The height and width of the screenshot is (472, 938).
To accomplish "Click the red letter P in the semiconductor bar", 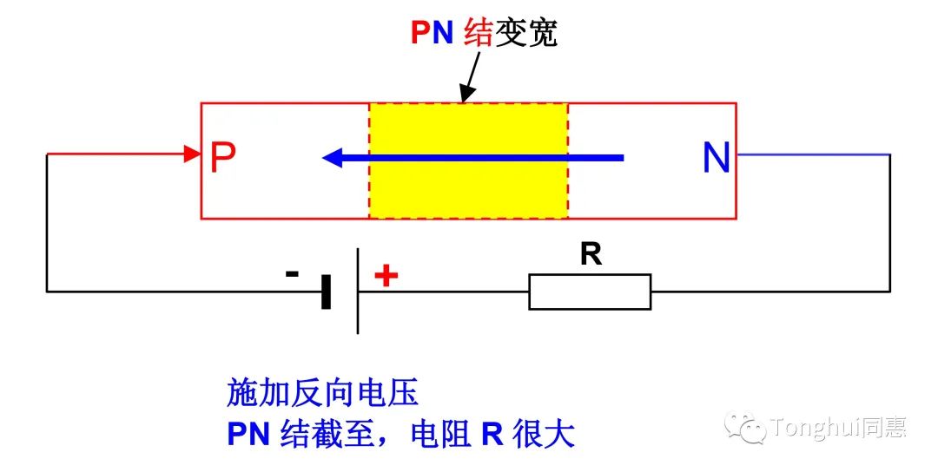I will coord(223,157).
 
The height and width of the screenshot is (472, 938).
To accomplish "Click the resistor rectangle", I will coord(590,292).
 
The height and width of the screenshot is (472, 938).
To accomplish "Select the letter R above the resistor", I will coord(591,255).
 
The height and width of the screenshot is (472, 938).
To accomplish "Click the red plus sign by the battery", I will coord(386,276).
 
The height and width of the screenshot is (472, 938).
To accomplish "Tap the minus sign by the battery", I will coord(293,274).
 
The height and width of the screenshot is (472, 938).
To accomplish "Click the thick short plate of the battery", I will coord(327,292).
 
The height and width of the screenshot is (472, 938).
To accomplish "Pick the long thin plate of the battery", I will coord(358,292).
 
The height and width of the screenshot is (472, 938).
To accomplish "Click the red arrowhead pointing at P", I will coord(192,154).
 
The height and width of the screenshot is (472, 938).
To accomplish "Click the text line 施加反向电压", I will coord(322,394).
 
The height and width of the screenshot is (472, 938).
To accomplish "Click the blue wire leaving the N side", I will coord(812,154).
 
